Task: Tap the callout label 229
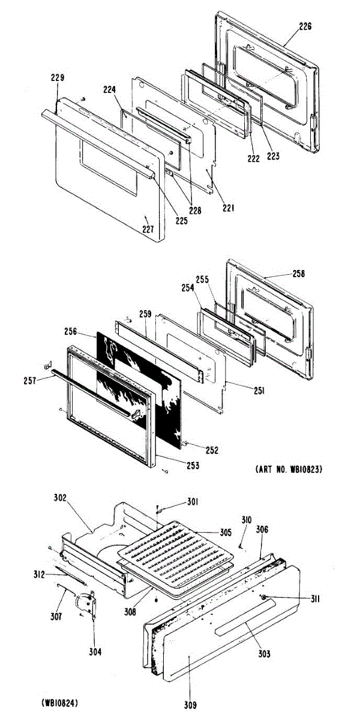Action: [x=58, y=77]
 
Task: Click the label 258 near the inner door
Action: [x=298, y=274]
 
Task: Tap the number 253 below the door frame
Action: [x=192, y=465]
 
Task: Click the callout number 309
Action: [x=190, y=704]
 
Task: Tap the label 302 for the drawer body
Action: [x=60, y=497]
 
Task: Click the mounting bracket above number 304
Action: [x=88, y=602]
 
